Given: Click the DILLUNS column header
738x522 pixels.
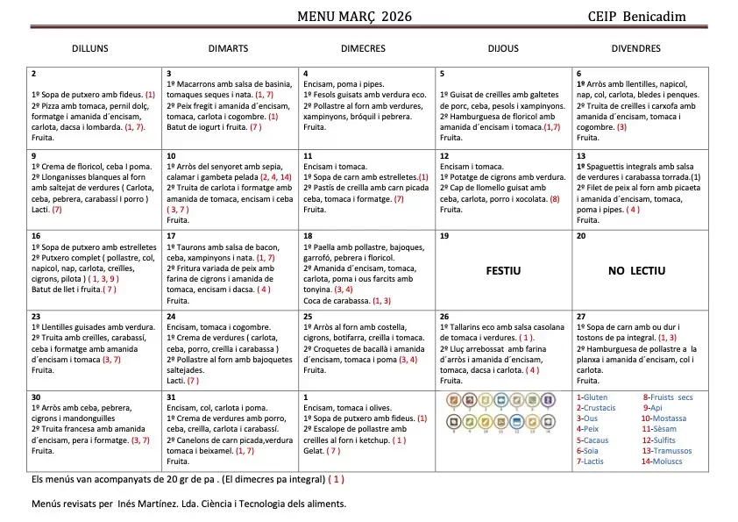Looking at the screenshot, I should click(x=90, y=48).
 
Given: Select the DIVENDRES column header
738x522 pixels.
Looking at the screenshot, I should click(x=635, y=48).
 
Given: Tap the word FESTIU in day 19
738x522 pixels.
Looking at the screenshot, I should click(x=503, y=270).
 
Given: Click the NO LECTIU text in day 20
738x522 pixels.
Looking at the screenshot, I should click(x=636, y=270).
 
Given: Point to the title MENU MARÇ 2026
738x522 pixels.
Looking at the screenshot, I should click(x=354, y=17).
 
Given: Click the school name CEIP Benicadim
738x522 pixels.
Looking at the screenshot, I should click(x=637, y=17).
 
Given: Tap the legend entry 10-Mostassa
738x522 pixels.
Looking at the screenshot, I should click(x=663, y=418).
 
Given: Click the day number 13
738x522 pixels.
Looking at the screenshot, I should click(x=581, y=155).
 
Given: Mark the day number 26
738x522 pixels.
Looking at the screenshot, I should click(x=444, y=316).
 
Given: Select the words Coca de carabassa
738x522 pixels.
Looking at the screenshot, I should click(x=336, y=300).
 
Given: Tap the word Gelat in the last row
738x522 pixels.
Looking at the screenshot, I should click(x=313, y=450).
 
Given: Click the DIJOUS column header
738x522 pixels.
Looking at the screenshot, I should click(x=503, y=48).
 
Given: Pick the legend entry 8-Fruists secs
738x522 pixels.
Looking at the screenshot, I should click(x=667, y=397).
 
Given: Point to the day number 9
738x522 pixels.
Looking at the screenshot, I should click(x=33, y=155).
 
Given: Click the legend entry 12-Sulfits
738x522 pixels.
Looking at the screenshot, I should click(x=658, y=440).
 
